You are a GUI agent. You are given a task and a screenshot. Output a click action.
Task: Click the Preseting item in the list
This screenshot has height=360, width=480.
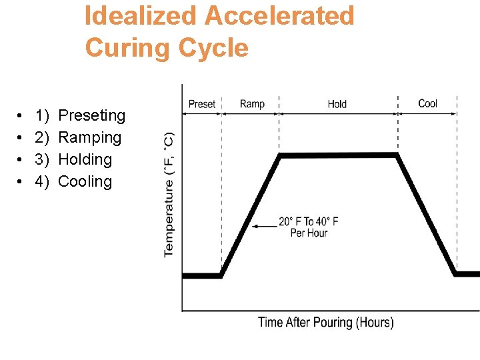click(x=92, y=115)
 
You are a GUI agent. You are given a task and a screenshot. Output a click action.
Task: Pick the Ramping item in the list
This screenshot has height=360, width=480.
click(x=90, y=137)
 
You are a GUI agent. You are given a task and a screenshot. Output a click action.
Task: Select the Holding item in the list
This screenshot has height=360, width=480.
click(x=85, y=159)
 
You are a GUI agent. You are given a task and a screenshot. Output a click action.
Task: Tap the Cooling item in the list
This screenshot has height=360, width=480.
click(x=85, y=181)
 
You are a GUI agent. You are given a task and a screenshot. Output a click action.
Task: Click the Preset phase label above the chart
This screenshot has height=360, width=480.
click(x=202, y=104)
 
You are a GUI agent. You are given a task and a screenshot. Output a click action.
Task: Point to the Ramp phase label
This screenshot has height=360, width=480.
click(x=252, y=104)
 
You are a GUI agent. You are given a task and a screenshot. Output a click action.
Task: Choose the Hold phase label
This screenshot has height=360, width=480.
click(x=337, y=104)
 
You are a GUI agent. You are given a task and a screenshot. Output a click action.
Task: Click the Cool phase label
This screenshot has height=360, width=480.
click(x=427, y=103)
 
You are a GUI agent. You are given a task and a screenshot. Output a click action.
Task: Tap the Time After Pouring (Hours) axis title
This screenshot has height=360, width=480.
click(x=325, y=322)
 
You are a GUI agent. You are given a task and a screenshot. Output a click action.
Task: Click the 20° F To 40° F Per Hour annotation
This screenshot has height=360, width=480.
click(x=309, y=227)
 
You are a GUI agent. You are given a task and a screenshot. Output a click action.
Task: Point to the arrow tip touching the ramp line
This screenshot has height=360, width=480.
click(x=252, y=227)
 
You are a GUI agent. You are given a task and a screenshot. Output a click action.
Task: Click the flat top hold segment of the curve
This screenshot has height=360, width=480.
click(x=339, y=155)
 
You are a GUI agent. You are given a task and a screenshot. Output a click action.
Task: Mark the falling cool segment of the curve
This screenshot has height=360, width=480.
click(x=427, y=215)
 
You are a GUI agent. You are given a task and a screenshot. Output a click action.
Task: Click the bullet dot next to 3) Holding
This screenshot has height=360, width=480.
click(x=22, y=160)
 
